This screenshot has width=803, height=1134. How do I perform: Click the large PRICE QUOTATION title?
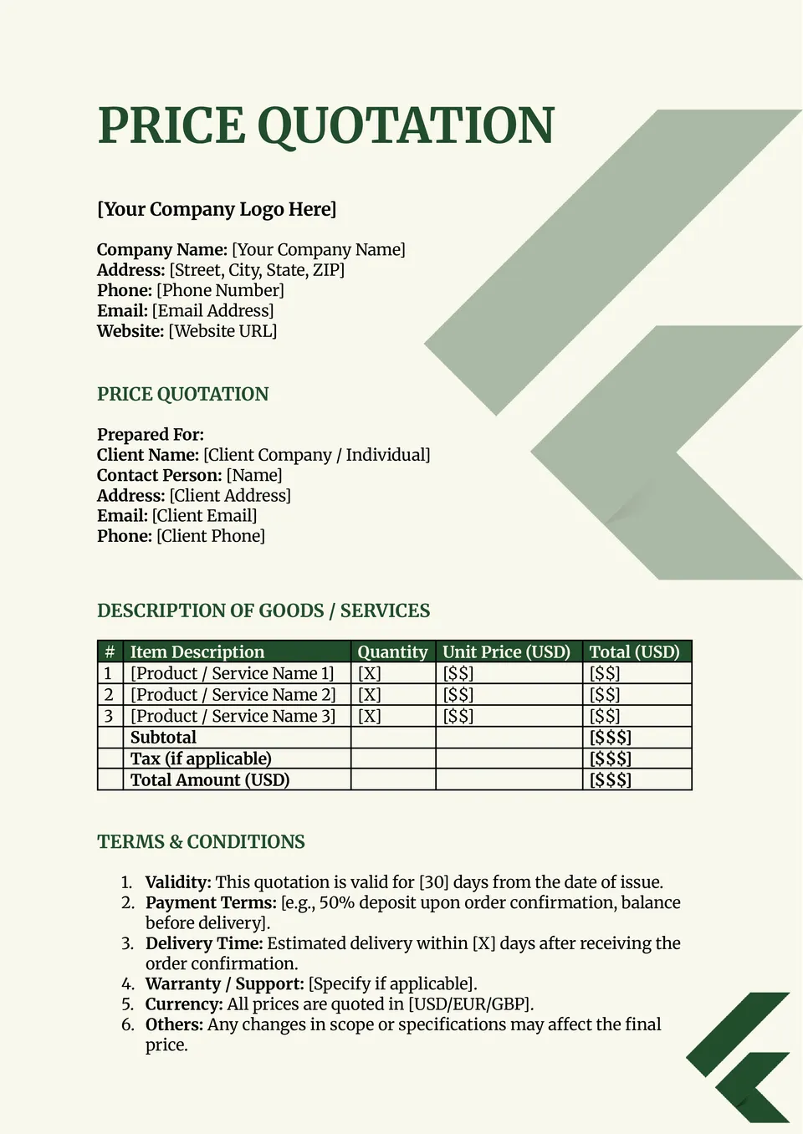[x=325, y=125]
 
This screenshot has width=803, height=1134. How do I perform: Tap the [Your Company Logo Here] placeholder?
[x=217, y=209]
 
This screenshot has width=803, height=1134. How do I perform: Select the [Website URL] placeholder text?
[x=222, y=331]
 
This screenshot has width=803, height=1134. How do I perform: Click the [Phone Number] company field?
[x=220, y=290]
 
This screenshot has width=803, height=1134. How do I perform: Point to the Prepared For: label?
[x=151, y=435]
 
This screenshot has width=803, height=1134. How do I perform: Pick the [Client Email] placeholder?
[x=204, y=516]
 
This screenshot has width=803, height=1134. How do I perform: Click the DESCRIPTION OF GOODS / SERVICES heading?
[x=263, y=610]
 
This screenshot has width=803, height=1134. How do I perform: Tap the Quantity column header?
[x=392, y=652]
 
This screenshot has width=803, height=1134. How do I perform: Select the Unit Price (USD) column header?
[x=506, y=652]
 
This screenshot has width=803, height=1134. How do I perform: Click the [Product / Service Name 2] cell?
[x=233, y=695]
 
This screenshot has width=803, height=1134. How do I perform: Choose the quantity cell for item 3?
[x=369, y=717]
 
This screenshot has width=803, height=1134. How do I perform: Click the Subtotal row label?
[x=163, y=738]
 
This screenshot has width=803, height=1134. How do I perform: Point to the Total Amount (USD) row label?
[x=209, y=780]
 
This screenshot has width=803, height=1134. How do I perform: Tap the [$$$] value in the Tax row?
[x=610, y=759]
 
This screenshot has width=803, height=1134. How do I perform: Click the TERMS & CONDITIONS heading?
[x=201, y=842]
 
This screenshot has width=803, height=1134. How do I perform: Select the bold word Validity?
[x=178, y=882]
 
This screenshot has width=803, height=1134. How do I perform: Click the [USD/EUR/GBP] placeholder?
[x=470, y=1004]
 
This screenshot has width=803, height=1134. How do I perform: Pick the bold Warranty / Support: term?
[x=224, y=984]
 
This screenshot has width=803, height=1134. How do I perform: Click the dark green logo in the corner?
[x=739, y=1057]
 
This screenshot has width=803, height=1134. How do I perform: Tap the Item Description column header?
[x=197, y=652]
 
